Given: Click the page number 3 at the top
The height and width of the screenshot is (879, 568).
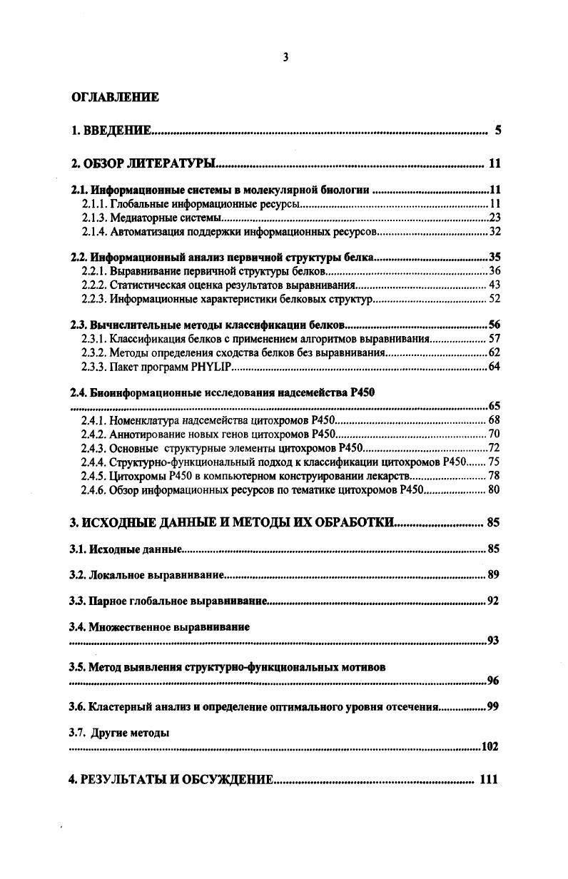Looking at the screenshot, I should click(x=285, y=58).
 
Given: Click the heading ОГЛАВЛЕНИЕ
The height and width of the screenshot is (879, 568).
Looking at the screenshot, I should click(x=114, y=97).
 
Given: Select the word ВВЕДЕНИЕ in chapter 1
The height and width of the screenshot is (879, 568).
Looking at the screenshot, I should click(x=118, y=131).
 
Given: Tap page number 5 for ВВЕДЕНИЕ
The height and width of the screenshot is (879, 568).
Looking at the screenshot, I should click(x=498, y=131).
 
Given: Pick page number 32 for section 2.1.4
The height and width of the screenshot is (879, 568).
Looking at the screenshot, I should click(x=495, y=231).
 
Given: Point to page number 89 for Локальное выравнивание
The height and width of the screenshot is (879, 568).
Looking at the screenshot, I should click(x=493, y=574).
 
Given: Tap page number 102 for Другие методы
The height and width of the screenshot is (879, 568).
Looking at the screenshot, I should click(x=490, y=747).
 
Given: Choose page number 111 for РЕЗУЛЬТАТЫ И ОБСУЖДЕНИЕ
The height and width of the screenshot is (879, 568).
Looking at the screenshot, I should click(x=488, y=780).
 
